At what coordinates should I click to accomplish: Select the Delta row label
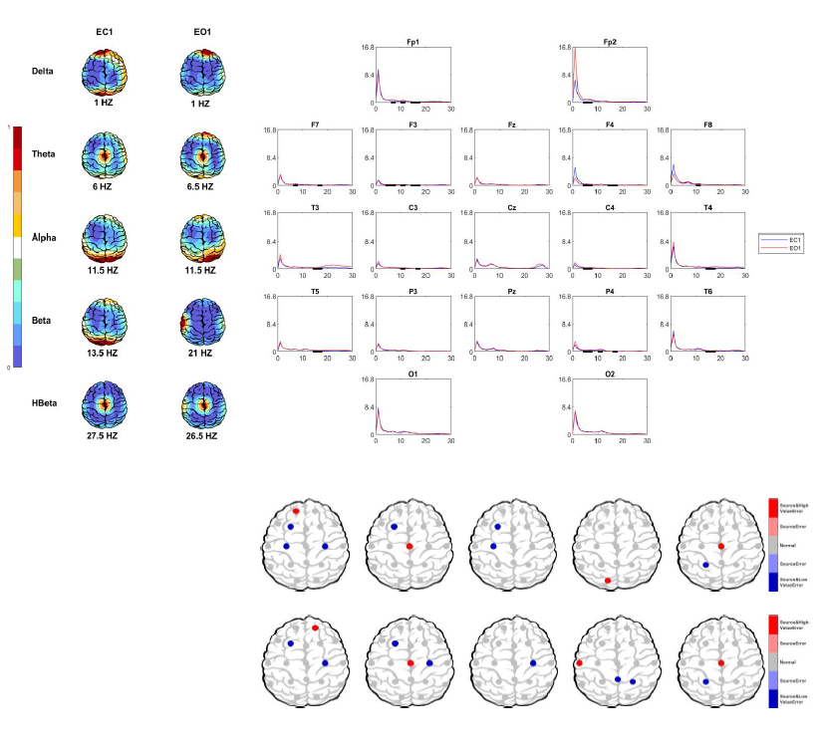(x=43, y=71)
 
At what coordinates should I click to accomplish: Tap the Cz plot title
(x=511, y=207)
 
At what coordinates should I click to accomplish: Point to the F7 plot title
(x=315, y=125)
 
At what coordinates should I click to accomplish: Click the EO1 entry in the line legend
(x=795, y=248)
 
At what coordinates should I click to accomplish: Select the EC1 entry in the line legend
(x=795, y=240)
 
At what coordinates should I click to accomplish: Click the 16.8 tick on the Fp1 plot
(x=366, y=48)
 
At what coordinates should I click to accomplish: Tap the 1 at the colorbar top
(x=10, y=127)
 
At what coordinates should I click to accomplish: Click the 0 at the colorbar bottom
(x=10, y=367)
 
